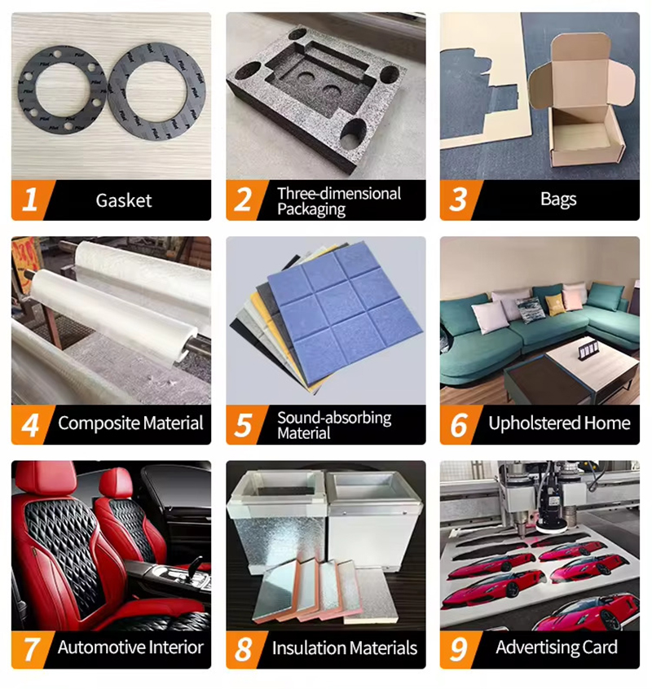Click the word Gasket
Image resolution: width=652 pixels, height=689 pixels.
click(124, 201)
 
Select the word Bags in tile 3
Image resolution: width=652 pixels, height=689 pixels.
click(558, 200)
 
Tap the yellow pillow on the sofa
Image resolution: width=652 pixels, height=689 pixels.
click(554, 304)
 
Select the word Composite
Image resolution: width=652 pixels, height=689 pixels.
click(99, 423)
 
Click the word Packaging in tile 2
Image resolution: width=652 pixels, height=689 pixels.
click(311, 209)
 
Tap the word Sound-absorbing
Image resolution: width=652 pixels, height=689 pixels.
click(334, 418)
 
